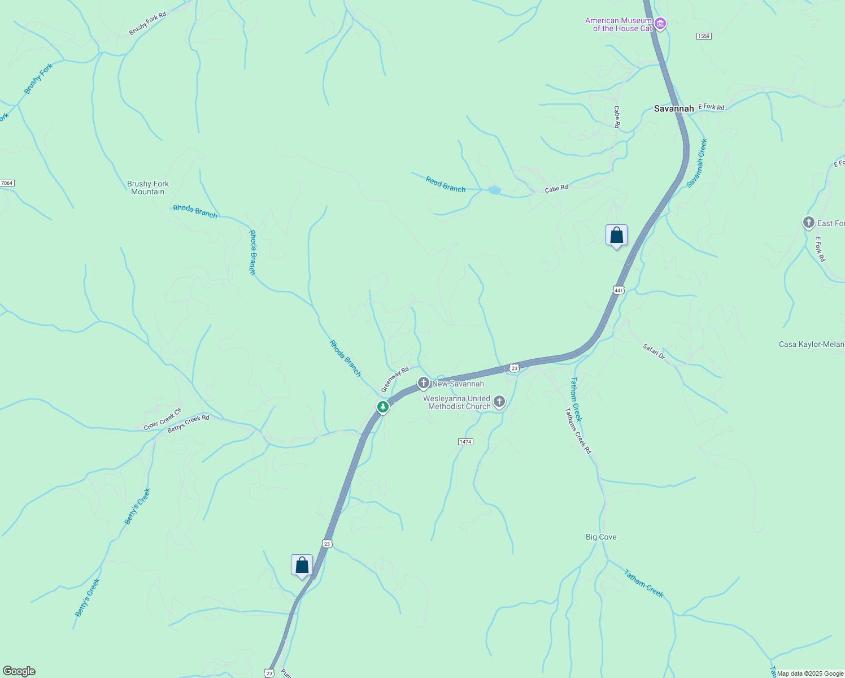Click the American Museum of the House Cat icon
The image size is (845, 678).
[660, 24]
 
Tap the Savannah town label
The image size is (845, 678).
[673, 108]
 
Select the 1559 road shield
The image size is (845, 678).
[704, 36]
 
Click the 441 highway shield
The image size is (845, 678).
[618, 290]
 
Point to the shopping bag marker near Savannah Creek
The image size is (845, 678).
[616, 236]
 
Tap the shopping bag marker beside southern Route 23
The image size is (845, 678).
[302, 565]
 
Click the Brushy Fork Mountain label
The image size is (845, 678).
[148, 188]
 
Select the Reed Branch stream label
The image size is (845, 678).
[446, 184]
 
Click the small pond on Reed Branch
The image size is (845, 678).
[494, 190]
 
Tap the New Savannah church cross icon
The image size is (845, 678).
[424, 383]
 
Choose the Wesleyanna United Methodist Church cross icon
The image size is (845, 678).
[499, 402]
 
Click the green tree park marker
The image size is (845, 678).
[383, 407]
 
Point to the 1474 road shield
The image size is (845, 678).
[465, 442]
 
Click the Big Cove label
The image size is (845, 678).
[601, 537]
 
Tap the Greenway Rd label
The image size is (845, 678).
[395, 380]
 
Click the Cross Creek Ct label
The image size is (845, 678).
[163, 419]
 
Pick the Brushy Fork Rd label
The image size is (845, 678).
[147, 23]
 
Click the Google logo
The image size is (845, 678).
[19, 671]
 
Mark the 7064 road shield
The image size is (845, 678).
[7, 183]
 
